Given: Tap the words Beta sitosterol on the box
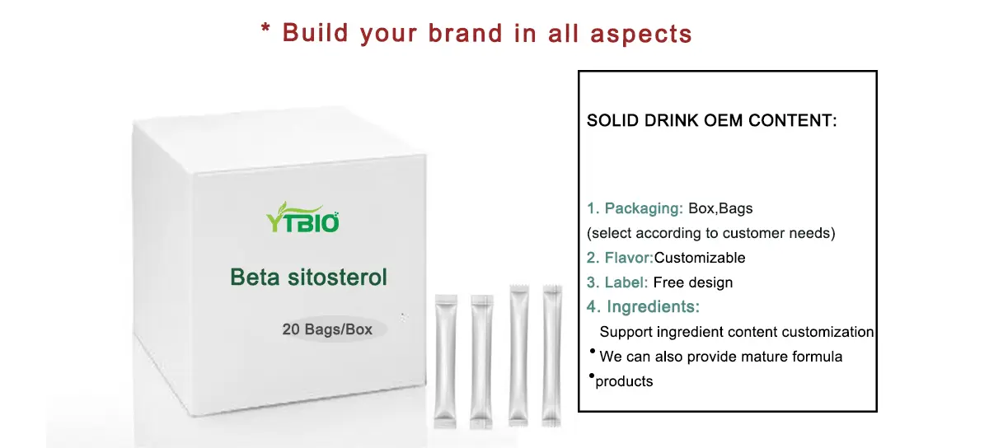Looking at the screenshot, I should (x=308, y=277).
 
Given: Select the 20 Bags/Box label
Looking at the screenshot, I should (x=327, y=329).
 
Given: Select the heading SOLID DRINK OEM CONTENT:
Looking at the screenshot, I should (x=711, y=121).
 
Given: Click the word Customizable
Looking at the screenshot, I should (x=700, y=258).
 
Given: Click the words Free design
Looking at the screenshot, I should (x=692, y=282).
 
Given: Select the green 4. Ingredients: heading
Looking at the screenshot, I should (x=643, y=307).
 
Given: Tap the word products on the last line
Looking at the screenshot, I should (x=624, y=381).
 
